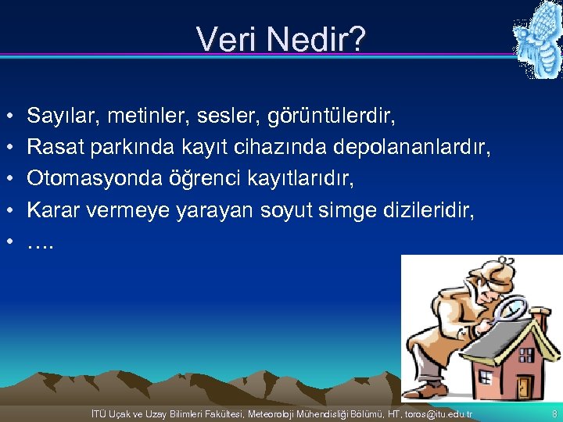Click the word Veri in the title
tap(224, 39)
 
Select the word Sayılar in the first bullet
tap(60, 117)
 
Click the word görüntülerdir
tap(332, 117)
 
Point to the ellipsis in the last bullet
tap(40, 243)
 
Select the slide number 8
tap(554, 413)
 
